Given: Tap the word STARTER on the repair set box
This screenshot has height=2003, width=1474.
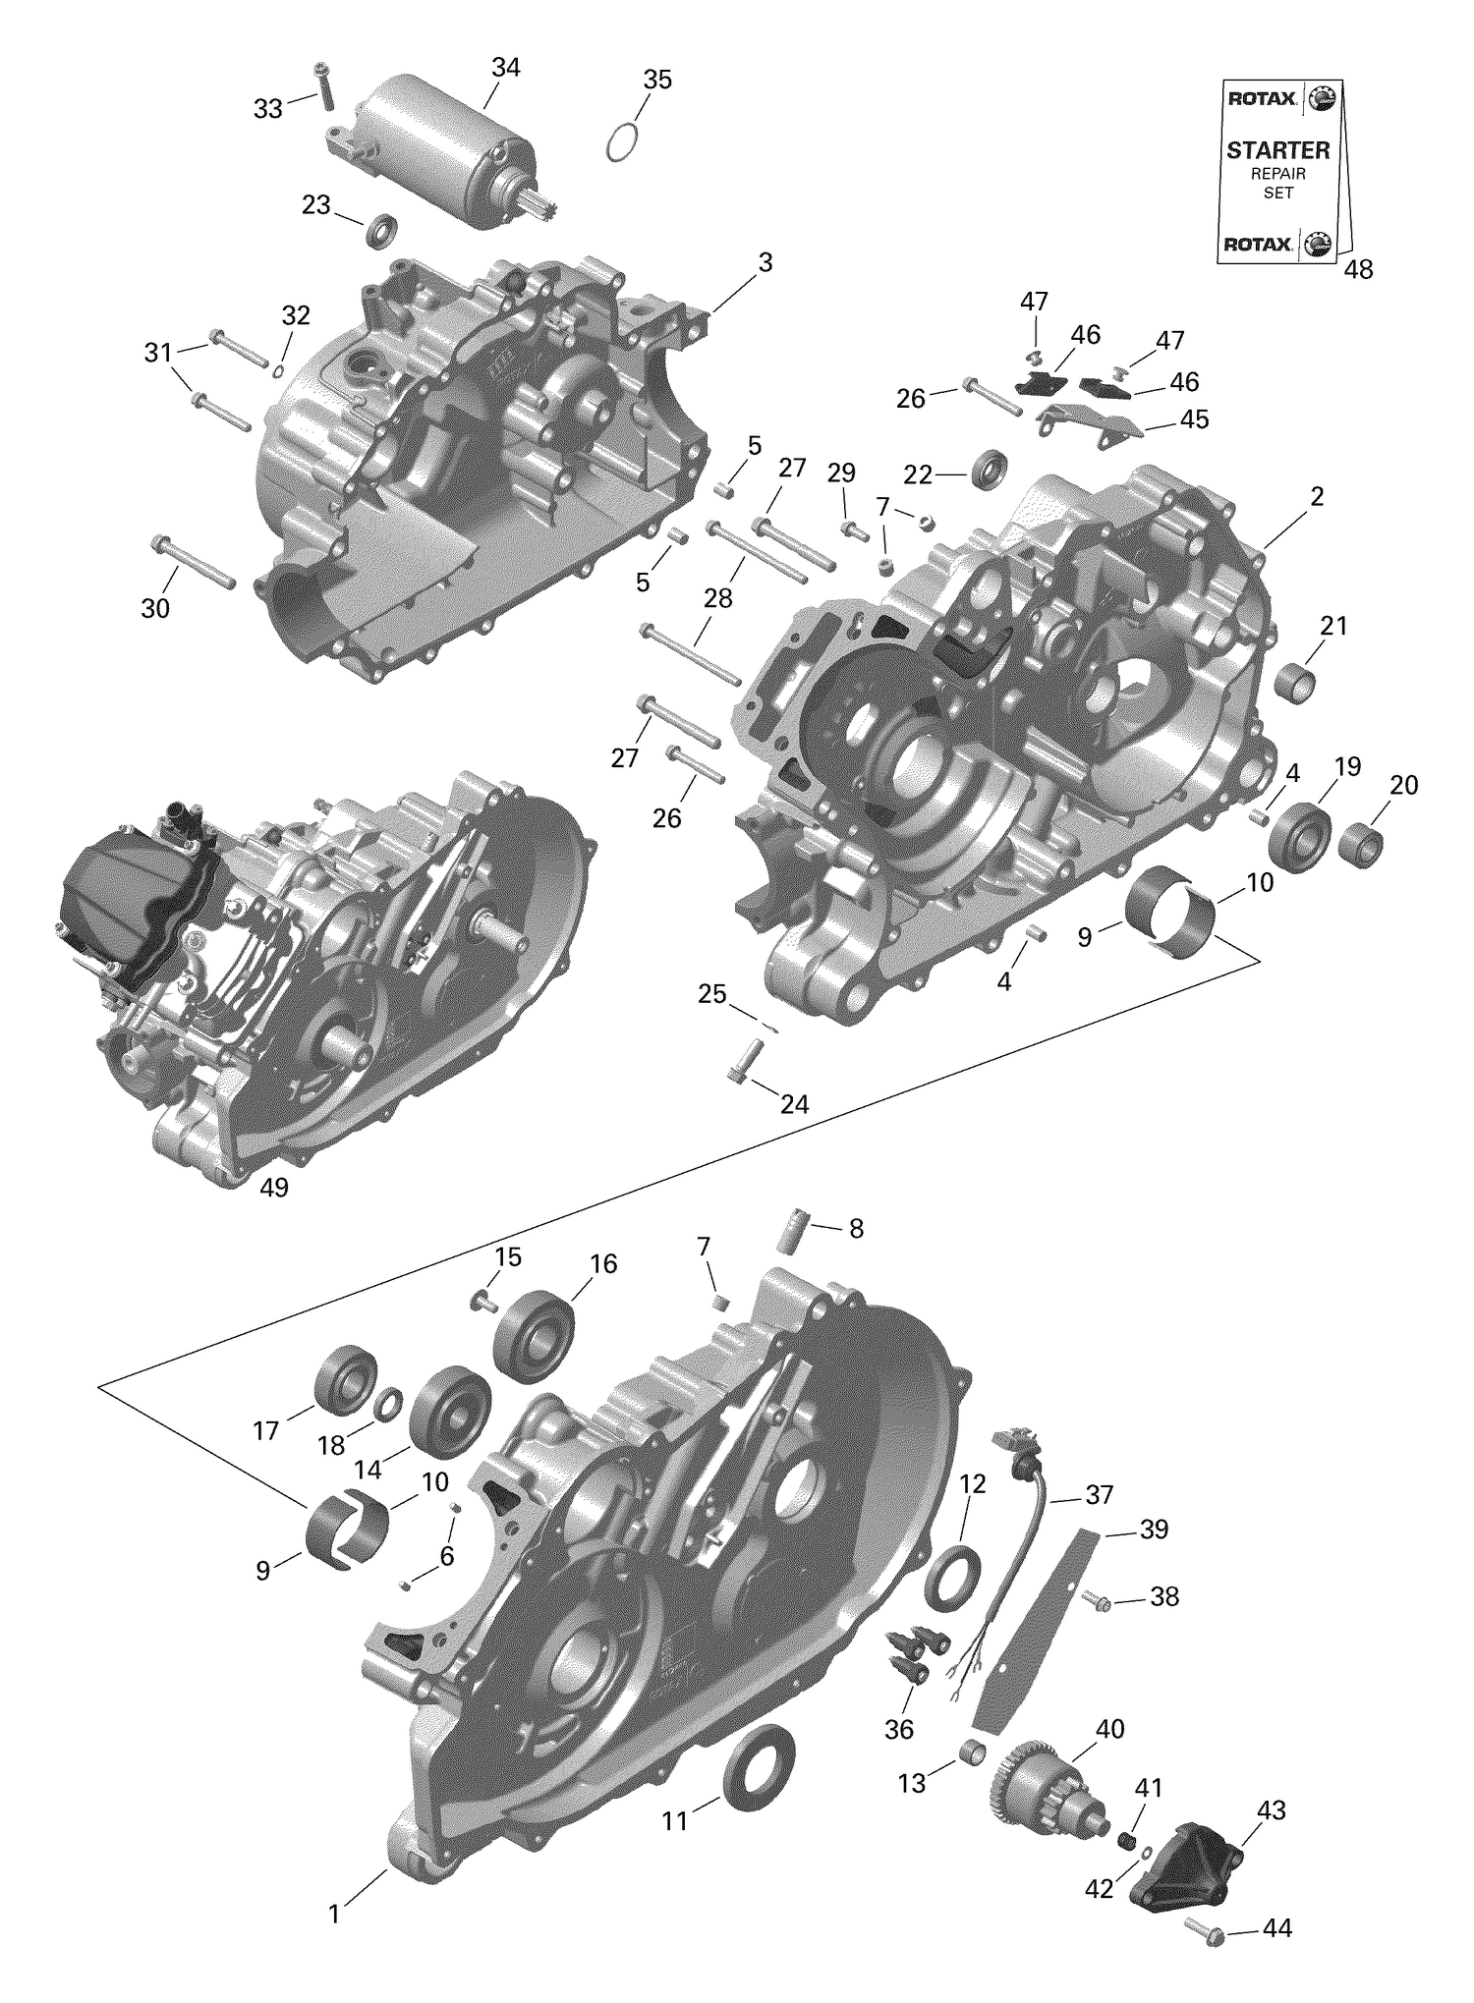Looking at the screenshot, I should click(x=1277, y=150).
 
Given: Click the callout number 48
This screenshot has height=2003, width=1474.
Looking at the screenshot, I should click(x=1358, y=269).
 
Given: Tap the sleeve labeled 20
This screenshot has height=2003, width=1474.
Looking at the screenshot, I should click(x=1360, y=845).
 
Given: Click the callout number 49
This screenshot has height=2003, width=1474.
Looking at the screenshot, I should click(x=274, y=1188).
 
